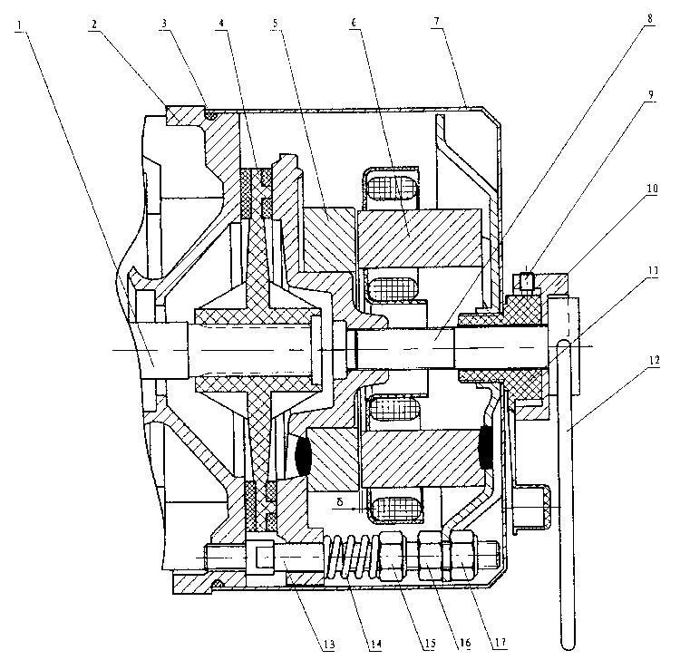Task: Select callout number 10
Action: (651, 190)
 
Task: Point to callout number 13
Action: (328, 645)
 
